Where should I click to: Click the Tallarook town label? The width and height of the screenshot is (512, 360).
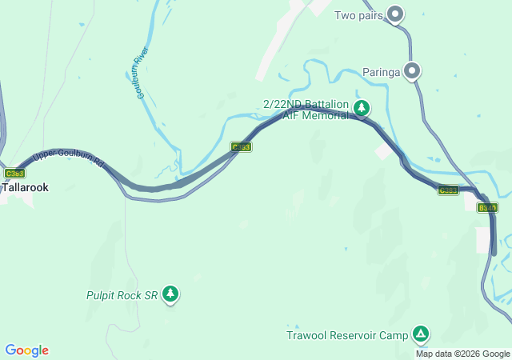[25, 187]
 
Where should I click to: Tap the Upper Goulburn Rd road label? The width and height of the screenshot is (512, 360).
[70, 158]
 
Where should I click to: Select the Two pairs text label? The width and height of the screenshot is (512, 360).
[358, 15]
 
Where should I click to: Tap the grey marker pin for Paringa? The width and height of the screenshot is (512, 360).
[412, 71]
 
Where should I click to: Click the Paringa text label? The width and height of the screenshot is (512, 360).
[380, 72]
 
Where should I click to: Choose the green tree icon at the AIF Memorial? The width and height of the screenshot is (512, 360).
[362, 107]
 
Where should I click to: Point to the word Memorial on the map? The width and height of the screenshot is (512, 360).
[326, 115]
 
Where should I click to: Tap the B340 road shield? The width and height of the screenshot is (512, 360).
[486, 207]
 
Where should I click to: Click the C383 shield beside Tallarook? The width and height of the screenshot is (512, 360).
[14, 173]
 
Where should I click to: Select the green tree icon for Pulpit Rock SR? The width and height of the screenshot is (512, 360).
[170, 294]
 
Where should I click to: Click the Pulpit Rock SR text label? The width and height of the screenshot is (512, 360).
[122, 295]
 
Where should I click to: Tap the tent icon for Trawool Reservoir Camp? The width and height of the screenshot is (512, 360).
[421, 334]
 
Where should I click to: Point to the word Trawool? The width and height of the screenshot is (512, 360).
[306, 334]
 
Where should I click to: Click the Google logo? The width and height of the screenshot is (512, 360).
[26, 350]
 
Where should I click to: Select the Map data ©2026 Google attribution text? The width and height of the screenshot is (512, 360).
[462, 354]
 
